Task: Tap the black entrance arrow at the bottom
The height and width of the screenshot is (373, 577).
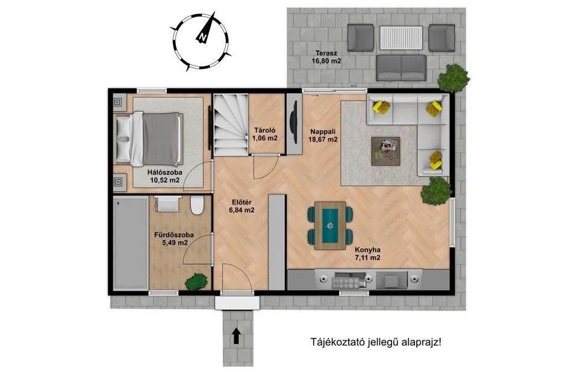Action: pos(237,336)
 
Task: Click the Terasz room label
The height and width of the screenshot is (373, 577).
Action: pos(326,54)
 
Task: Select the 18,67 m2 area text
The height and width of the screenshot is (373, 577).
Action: pos(324,140)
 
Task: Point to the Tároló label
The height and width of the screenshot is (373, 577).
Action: pos(265,130)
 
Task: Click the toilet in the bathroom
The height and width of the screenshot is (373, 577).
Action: pos(197,205)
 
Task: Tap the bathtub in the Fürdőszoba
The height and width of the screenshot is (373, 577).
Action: pos(131,243)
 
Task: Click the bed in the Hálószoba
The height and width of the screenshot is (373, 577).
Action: pos(149,138)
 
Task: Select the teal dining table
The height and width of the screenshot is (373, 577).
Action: pos(330,226)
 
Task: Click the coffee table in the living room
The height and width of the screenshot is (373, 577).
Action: pos(385,151)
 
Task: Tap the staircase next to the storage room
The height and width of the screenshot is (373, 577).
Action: pos(231,125)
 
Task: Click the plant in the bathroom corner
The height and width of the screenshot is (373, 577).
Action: pos(196,282)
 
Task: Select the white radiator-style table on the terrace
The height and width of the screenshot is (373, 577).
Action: pos(402,37)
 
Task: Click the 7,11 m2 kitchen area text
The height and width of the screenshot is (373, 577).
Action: pos(367,257)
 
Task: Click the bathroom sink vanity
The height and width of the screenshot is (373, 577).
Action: pos(168,203)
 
